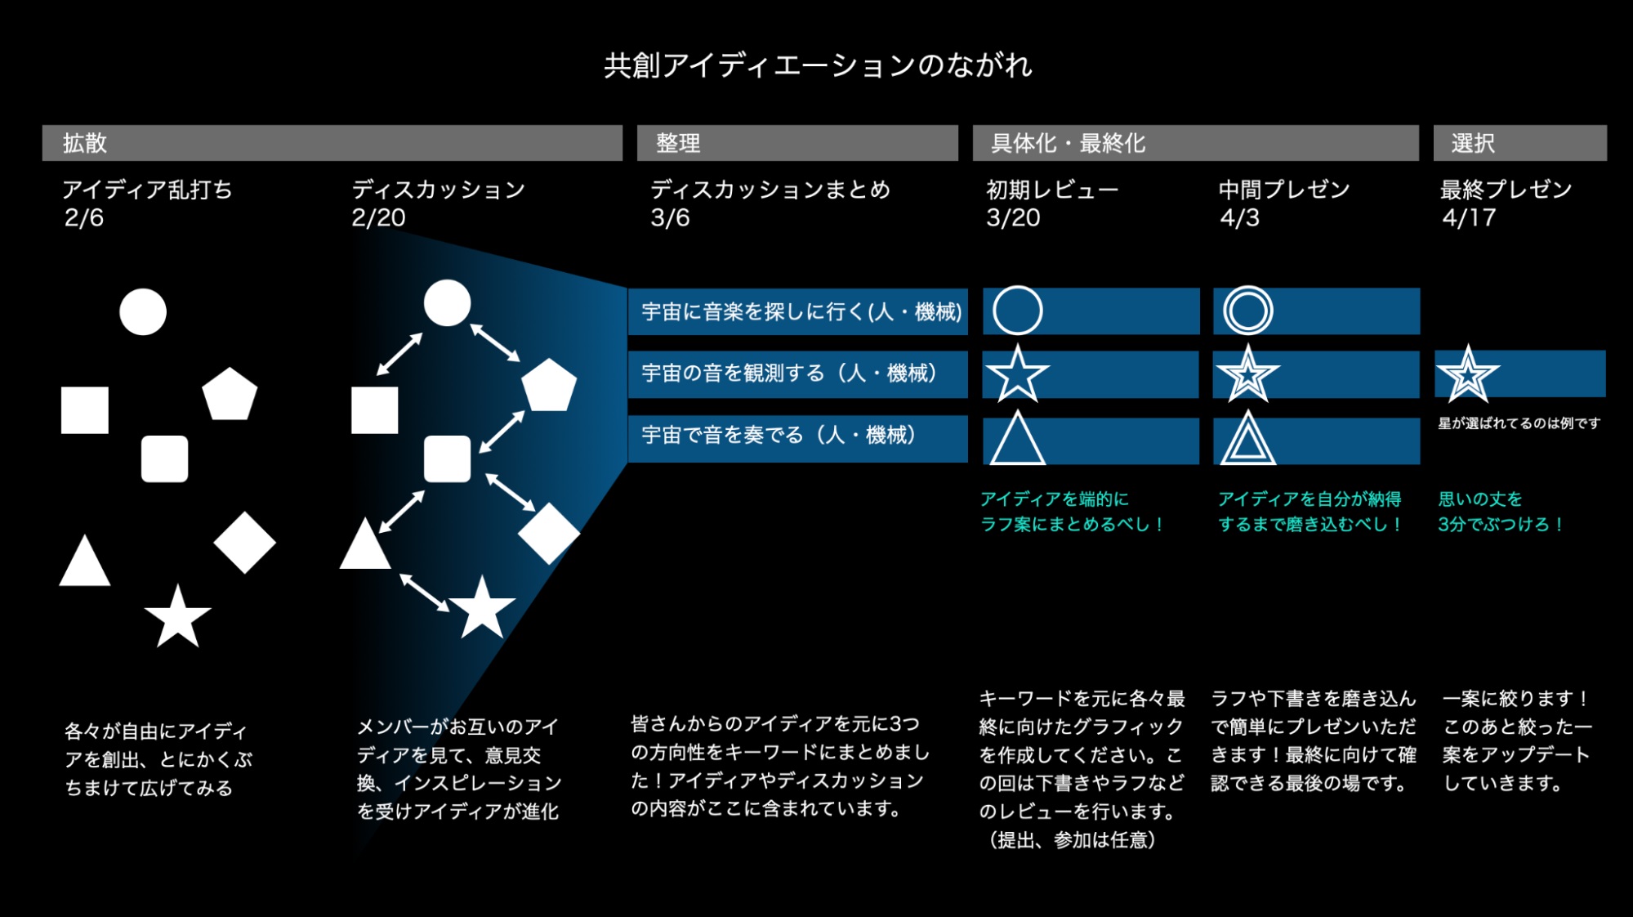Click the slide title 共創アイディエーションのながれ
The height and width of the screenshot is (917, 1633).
pos(818,65)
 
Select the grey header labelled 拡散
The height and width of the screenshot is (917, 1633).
pos(332,143)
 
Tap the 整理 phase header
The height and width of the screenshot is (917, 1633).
pos(797,143)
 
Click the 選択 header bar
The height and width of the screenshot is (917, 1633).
pos(1519,143)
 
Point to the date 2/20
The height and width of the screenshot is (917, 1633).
pos(378,218)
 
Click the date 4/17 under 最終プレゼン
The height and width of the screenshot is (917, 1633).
pos(1469,218)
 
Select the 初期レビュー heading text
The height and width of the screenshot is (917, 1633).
pos(1052,190)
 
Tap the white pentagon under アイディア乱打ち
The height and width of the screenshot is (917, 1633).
pos(230,394)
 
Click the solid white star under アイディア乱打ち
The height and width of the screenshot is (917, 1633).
pos(177,616)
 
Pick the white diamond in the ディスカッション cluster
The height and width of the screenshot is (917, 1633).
pos(549,534)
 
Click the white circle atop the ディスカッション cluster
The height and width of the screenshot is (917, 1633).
pos(447,303)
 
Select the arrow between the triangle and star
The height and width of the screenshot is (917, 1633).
pos(424,593)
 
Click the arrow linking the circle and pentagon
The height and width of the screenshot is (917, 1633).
pos(495,342)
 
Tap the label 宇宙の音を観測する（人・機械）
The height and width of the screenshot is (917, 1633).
pos(789,374)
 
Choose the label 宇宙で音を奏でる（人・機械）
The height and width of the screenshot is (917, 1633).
pos(779,435)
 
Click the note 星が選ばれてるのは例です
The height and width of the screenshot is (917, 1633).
pos(1519,423)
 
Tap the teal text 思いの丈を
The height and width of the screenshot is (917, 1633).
pos(1480,499)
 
